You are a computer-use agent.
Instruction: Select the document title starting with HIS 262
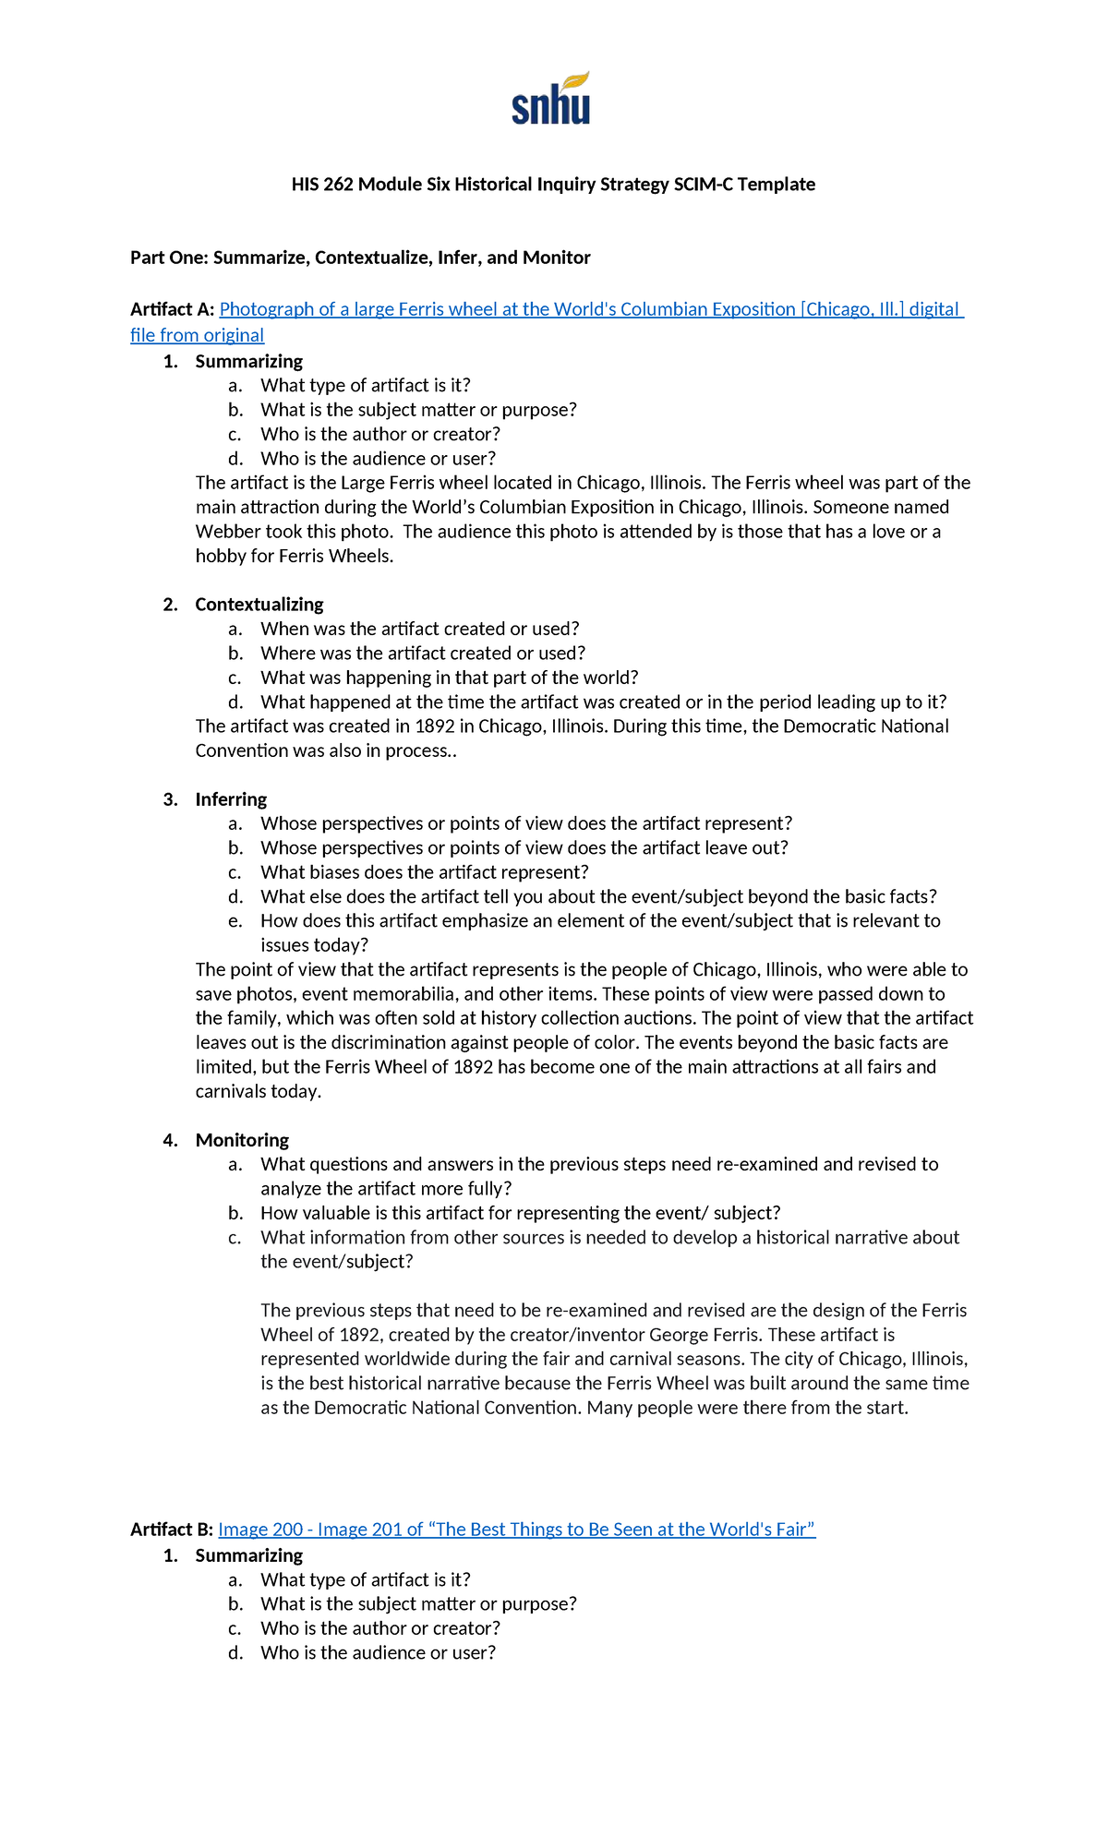tap(553, 184)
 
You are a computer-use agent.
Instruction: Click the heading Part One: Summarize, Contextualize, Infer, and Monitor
tap(360, 258)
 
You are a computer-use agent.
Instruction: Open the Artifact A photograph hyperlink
tap(591, 309)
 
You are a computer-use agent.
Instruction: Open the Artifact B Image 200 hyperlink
tap(516, 1530)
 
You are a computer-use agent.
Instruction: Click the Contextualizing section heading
tap(259, 605)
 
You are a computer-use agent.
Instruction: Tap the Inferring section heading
tap(231, 799)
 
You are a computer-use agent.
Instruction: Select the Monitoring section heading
tap(242, 1140)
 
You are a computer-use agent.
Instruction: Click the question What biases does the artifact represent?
tap(424, 872)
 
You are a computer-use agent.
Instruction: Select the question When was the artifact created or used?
tap(419, 629)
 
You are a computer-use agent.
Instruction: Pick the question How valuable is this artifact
tap(520, 1213)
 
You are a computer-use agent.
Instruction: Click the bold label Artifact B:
tap(172, 1530)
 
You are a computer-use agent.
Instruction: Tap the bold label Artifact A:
tap(172, 309)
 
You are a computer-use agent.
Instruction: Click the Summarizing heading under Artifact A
tap(248, 362)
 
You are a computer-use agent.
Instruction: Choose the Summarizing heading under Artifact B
tap(248, 1555)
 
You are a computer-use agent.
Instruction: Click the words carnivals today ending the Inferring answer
tap(258, 1092)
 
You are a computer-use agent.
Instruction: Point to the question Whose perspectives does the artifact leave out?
tap(524, 848)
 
